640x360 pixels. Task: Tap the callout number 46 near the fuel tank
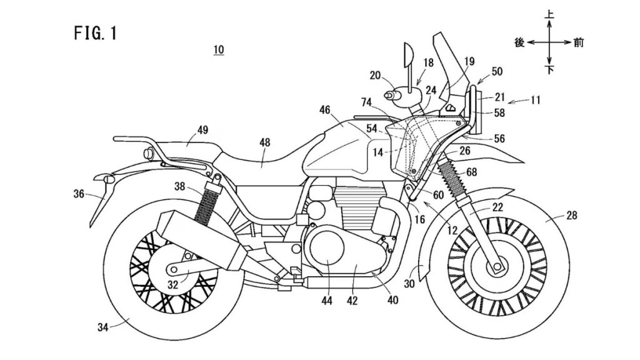point(324,109)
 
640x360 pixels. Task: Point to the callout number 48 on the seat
point(266,142)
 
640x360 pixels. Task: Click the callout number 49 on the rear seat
point(202,129)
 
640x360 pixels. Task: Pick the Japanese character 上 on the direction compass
point(549,12)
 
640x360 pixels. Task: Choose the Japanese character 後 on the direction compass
point(518,42)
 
